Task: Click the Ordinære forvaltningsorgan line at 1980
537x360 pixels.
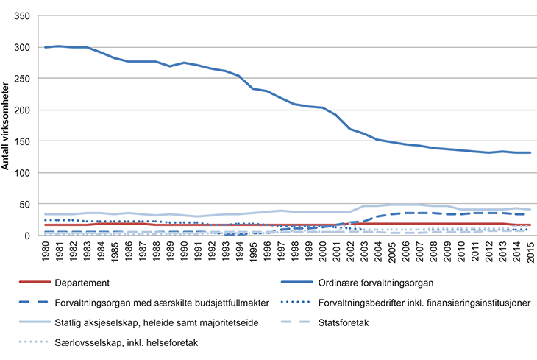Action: point(46,47)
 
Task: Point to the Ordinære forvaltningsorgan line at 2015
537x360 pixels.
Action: point(530,152)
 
